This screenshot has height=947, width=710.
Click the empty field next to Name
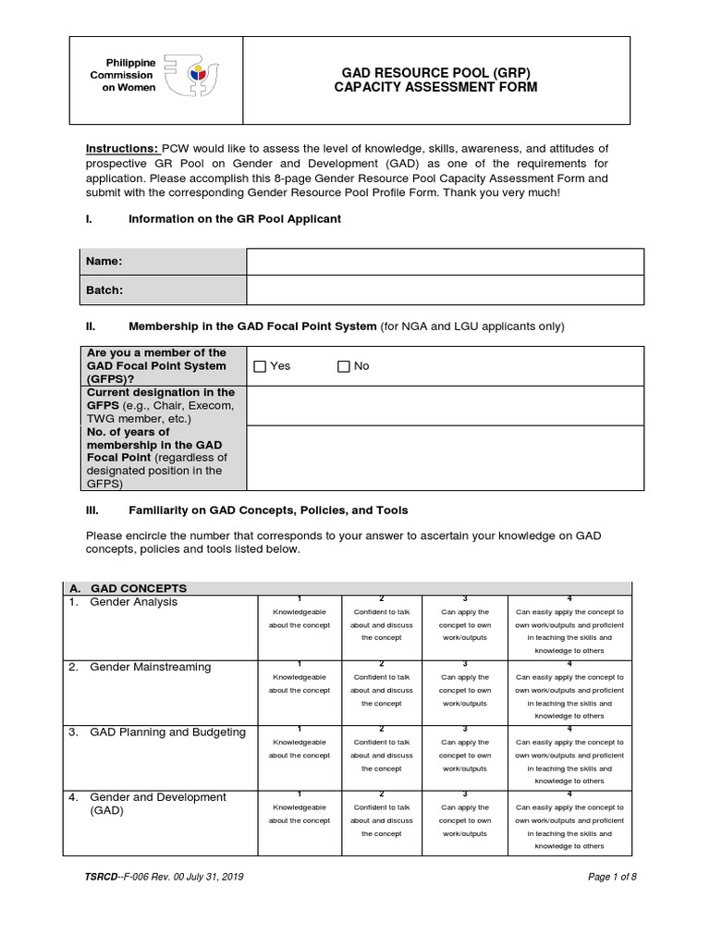pyautogui.click(x=445, y=262)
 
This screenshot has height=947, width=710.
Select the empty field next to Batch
pyautogui.click(x=445, y=290)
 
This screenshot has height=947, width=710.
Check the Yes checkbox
pyautogui.click(x=261, y=366)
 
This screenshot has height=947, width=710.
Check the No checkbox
pyautogui.click(x=344, y=366)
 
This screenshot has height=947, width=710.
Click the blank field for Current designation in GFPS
pyautogui.click(x=445, y=405)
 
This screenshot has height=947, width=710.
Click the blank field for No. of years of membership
pyautogui.click(x=445, y=458)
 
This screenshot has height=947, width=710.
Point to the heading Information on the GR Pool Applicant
pyautogui.click(x=234, y=219)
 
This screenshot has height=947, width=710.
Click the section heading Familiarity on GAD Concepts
pyautogui.click(x=267, y=510)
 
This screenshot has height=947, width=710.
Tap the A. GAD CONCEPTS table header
pyautogui.click(x=138, y=588)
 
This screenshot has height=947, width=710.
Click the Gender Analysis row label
pyautogui.click(x=133, y=602)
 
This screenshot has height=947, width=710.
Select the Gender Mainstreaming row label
pyautogui.click(x=150, y=667)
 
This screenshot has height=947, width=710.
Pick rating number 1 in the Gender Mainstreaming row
pyautogui.click(x=300, y=664)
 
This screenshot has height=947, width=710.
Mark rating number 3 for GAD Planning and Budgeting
pyautogui.click(x=463, y=729)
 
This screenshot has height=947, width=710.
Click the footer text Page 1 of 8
pyautogui.click(x=612, y=877)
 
